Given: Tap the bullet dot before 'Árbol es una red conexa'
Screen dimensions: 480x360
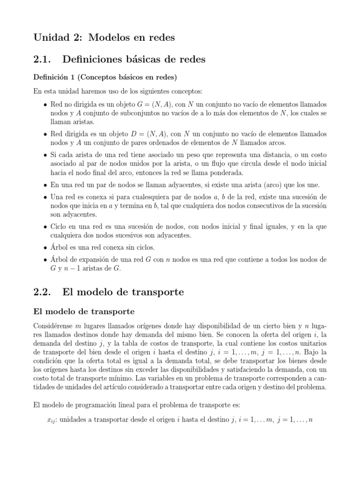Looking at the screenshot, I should pyautogui.click(x=45, y=247).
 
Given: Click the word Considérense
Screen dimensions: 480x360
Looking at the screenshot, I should pyautogui.click(x=53, y=326).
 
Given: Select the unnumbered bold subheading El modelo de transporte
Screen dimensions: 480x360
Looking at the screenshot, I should pyautogui.click(x=84, y=311).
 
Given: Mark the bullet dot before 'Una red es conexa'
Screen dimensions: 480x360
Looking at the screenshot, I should pyautogui.click(x=45, y=197).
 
